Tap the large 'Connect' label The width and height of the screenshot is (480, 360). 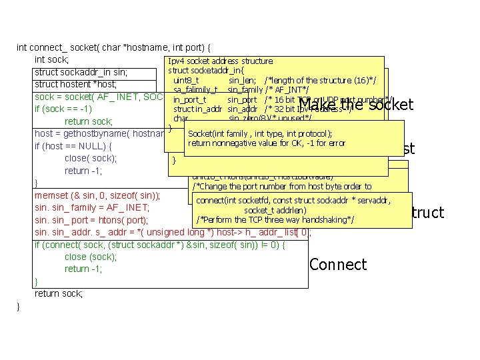[x=338, y=265]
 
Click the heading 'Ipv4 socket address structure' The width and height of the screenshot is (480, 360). [x=220, y=61]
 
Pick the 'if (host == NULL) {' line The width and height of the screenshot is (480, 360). [x=73, y=146]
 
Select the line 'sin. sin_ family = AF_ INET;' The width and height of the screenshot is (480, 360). [x=91, y=207]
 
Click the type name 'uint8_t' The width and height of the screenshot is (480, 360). [x=186, y=80]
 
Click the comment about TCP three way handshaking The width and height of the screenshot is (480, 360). [x=275, y=219]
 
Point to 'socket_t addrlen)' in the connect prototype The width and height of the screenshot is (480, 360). [x=275, y=210]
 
